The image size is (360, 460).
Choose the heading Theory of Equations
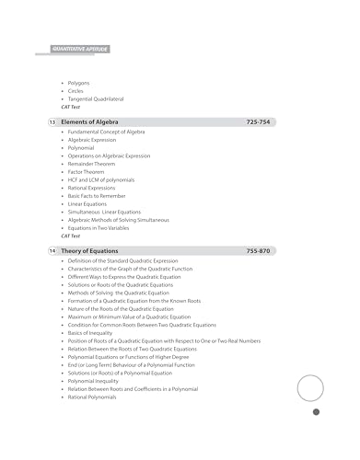point(92,251)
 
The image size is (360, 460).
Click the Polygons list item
point(78,83)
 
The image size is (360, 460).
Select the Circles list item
point(76,91)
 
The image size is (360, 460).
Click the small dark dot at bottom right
point(316,438)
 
